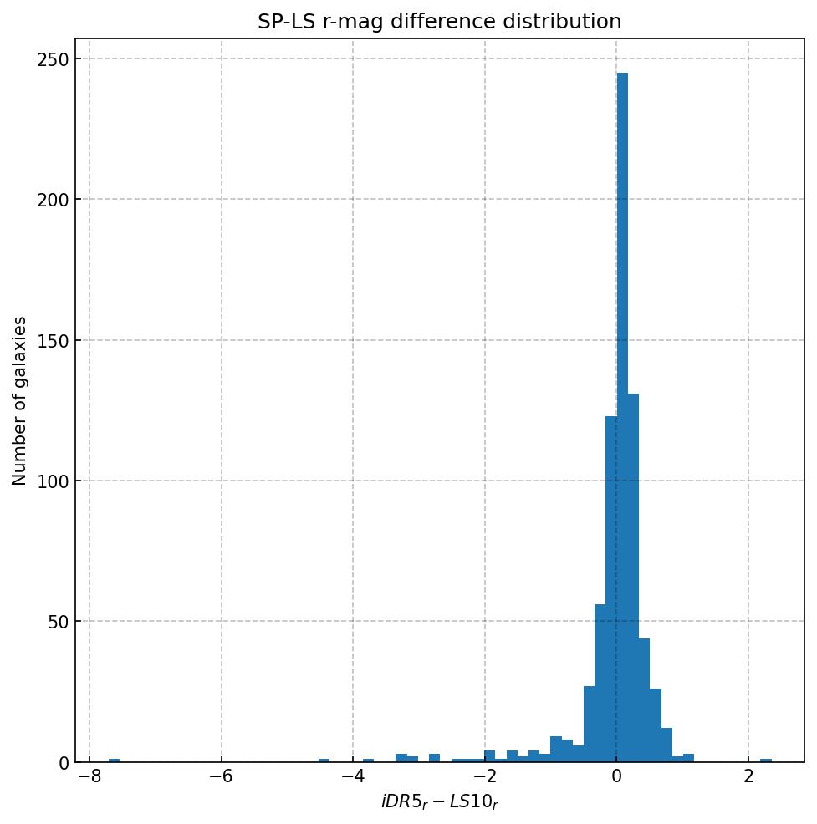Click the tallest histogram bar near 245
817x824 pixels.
coord(622,418)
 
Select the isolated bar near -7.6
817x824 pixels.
coord(114,760)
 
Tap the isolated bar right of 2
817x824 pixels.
coord(765,760)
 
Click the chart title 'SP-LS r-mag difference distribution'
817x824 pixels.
coord(439,22)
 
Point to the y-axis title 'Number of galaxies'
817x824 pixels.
coord(20,400)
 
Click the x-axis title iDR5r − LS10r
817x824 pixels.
coord(439,803)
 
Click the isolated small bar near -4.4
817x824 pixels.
coord(324,760)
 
